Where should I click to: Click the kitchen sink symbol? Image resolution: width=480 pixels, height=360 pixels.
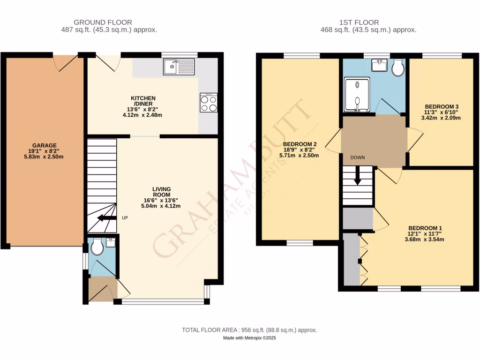click(179, 67)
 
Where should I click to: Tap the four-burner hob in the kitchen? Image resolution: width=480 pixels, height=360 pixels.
click(209, 103)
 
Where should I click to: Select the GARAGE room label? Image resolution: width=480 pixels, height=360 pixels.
click(45, 145)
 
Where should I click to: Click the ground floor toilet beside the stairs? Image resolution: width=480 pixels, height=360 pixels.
click(97, 247)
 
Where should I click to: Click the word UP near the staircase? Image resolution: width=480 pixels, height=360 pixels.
click(125, 218)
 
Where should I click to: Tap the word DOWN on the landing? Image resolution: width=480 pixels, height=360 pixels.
click(357, 157)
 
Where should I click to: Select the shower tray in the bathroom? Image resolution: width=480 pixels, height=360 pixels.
click(357, 95)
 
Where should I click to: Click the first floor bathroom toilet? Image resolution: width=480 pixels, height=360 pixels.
click(398, 68)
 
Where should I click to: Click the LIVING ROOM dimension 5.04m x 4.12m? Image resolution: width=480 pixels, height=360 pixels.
click(161, 206)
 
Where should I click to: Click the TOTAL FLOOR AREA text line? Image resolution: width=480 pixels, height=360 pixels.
click(249, 330)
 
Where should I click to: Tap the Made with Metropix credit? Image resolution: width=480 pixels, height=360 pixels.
click(249, 338)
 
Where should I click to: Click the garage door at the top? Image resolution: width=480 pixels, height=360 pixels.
click(66, 62)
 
